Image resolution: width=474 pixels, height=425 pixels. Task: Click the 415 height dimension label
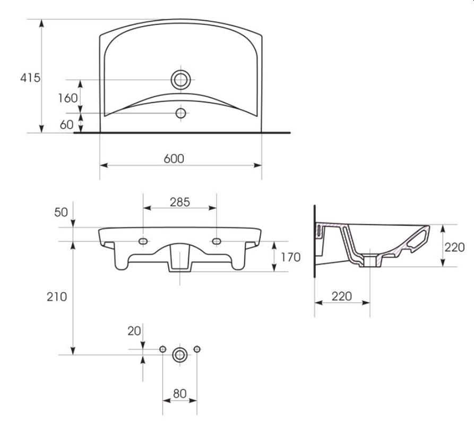point(30,78)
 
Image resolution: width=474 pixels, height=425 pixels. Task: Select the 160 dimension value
point(68,98)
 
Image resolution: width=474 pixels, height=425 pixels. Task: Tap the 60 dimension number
point(66,124)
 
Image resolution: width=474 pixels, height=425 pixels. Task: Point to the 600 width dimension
point(174,158)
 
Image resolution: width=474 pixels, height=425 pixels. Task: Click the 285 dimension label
point(180,202)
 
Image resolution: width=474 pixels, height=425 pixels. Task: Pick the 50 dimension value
point(61,212)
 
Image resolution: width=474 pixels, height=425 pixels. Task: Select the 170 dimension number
point(291,257)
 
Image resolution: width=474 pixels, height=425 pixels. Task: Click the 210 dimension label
point(57,297)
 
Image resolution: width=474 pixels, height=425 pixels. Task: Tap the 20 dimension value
point(134,331)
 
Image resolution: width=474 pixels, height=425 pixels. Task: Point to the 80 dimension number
point(180,394)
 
